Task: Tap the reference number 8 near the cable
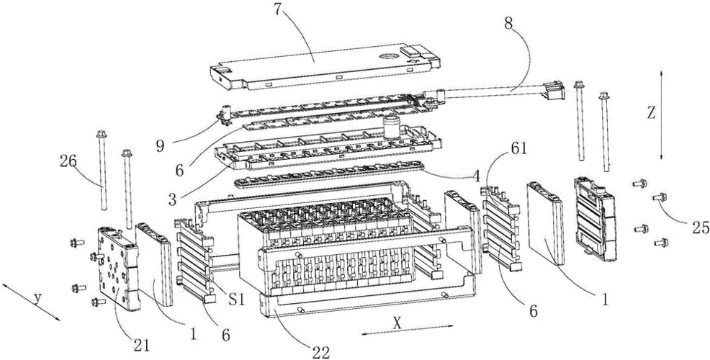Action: pos(508,24)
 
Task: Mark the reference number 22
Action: pos(320,352)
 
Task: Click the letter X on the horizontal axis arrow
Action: pos(397,323)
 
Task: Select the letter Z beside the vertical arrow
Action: pos(651,114)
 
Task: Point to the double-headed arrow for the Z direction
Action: pos(661,115)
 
